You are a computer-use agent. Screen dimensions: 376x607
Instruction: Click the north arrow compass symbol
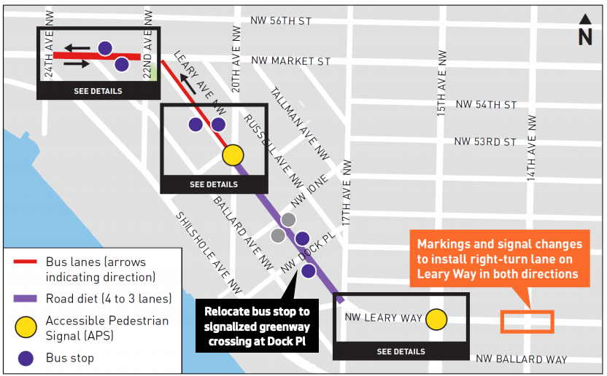coord(585,31)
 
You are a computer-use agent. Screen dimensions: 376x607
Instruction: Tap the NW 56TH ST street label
coord(280,21)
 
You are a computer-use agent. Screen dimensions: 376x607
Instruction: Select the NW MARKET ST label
coord(290,61)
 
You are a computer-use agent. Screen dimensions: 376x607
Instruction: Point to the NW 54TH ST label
coord(486,105)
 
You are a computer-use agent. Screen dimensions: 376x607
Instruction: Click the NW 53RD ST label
coord(485,141)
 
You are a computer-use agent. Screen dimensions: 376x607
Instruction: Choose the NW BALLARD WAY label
coord(521,359)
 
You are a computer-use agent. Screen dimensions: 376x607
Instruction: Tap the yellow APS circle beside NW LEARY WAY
coord(436,319)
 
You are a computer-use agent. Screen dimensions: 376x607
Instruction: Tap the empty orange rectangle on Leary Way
coord(527,321)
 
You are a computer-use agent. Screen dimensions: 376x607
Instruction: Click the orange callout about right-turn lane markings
coord(500,259)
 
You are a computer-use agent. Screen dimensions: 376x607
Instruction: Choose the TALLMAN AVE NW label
coord(300,124)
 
